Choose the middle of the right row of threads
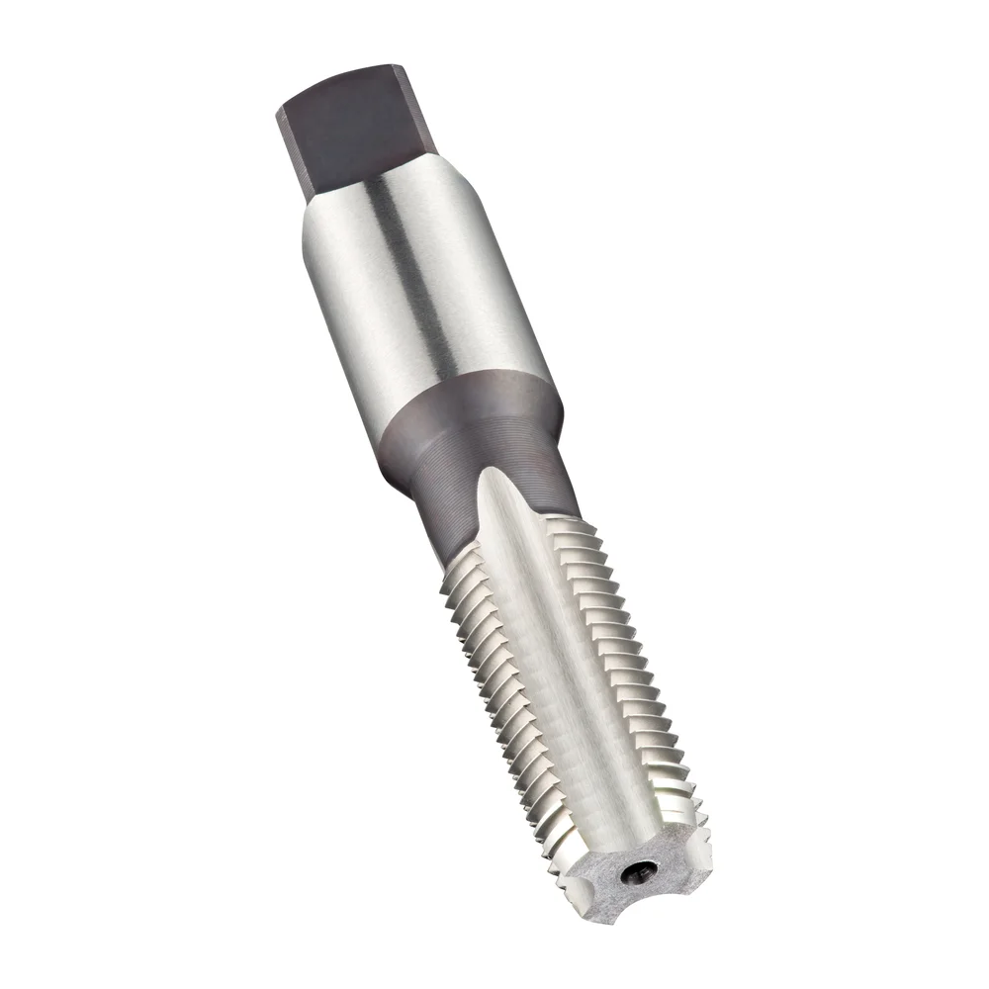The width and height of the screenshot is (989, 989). point(643,682)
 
